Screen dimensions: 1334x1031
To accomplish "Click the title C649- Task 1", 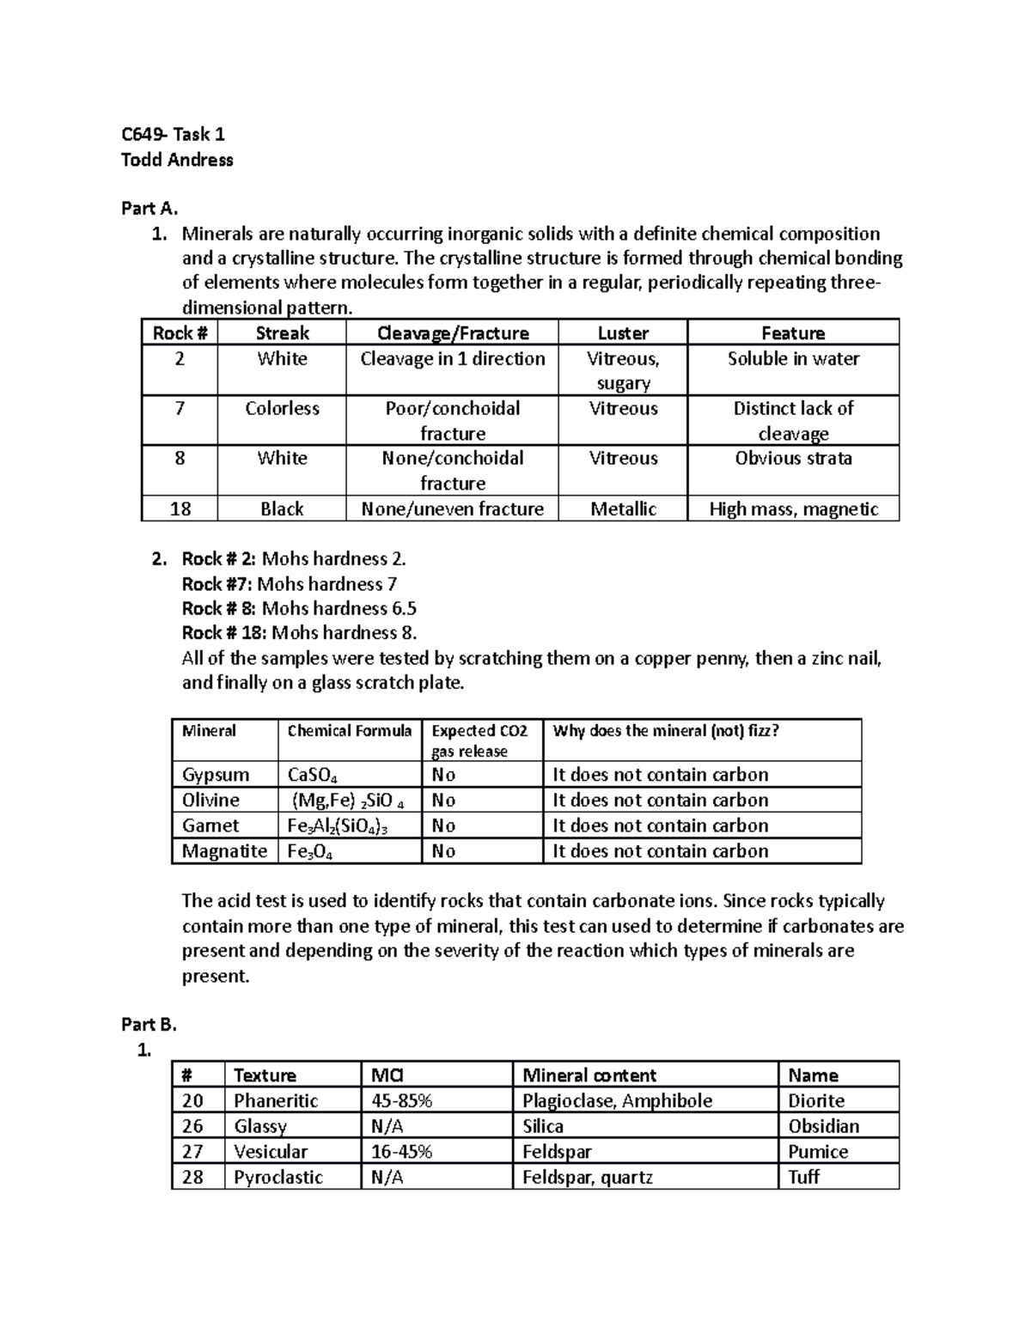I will [x=173, y=134].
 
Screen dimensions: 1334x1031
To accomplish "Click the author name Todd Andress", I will [x=177, y=160].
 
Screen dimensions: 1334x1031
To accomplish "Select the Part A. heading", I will [x=149, y=208].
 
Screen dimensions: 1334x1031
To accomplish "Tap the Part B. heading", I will [x=149, y=1024].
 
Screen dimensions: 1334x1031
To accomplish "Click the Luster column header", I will [x=623, y=333].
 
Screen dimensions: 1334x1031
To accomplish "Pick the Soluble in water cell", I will [x=793, y=359].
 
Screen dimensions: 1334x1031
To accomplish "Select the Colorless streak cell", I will [x=282, y=409].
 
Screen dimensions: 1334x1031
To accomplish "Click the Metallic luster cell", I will [x=623, y=509].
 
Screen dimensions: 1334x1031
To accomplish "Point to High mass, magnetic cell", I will [x=793, y=509].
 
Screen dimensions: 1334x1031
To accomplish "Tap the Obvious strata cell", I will [x=793, y=459].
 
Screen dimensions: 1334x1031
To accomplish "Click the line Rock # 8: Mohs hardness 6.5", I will [x=299, y=609].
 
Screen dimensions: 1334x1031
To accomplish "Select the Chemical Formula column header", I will [x=349, y=731].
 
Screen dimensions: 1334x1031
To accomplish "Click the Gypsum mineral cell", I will [x=216, y=775].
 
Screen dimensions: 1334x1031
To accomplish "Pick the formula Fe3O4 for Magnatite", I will [x=310, y=852].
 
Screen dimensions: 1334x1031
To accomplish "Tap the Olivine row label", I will [x=210, y=801].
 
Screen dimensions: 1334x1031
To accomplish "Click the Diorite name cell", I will [x=816, y=1101].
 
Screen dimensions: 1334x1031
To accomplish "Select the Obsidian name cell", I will [x=823, y=1126].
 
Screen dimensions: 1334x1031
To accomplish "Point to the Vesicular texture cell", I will [x=271, y=1152].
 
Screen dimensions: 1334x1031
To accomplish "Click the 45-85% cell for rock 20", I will [x=401, y=1101].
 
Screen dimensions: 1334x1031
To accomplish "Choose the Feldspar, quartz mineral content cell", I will [x=588, y=1178].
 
